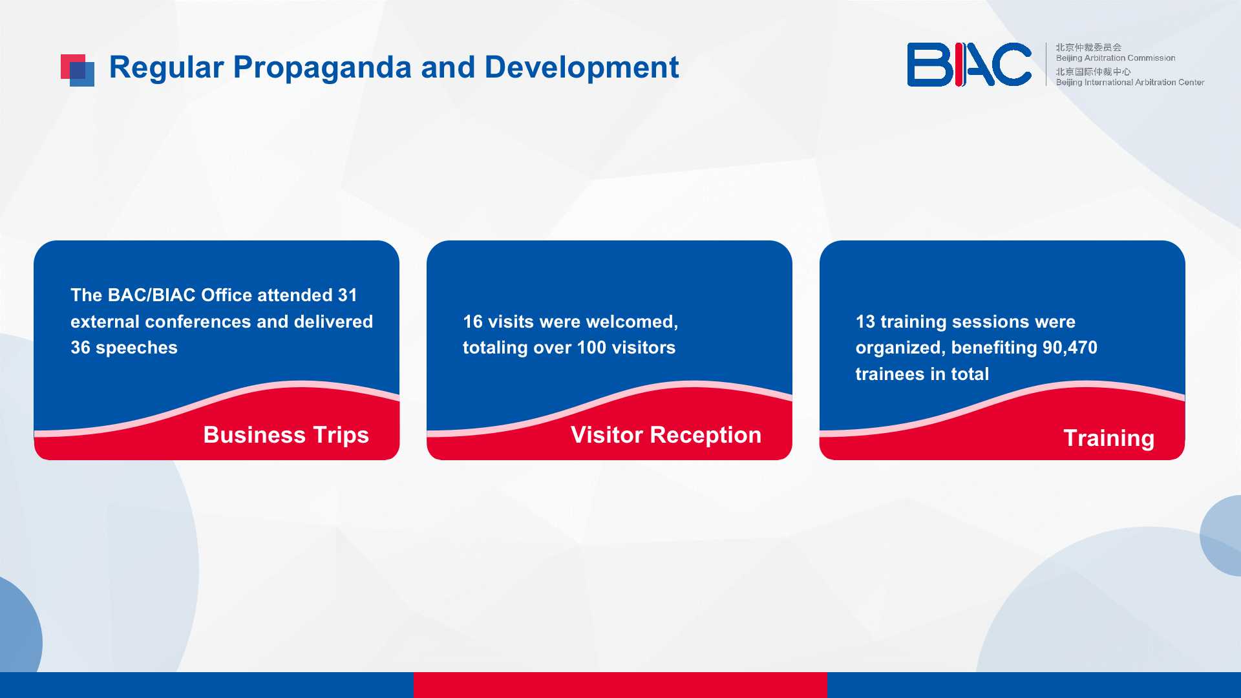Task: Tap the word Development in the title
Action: [582, 67]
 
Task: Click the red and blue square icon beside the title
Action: [78, 70]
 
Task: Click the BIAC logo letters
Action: [969, 65]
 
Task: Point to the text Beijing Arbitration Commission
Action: [1116, 58]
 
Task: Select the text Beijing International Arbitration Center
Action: [1130, 82]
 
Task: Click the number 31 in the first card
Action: [348, 295]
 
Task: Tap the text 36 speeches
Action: [124, 348]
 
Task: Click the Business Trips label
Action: [286, 435]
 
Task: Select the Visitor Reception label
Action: [666, 435]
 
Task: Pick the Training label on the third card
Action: [1109, 438]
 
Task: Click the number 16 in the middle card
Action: [473, 322]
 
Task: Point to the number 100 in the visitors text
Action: [591, 348]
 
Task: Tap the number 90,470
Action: [1070, 348]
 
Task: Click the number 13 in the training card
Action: [865, 322]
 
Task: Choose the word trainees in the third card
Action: [890, 374]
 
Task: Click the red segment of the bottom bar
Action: [620, 685]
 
